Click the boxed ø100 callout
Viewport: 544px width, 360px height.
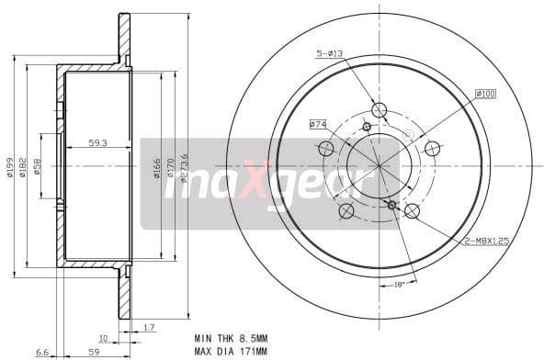coord(486,94)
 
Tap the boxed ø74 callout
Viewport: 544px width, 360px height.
coord(318,124)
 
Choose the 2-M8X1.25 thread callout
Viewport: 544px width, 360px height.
coord(488,240)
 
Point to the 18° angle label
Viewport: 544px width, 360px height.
coord(399,285)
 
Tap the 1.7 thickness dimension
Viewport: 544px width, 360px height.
coord(149,328)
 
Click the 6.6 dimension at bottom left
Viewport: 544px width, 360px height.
coord(41,351)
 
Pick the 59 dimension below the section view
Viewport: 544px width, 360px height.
coord(93,351)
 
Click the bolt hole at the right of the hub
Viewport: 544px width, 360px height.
coord(432,148)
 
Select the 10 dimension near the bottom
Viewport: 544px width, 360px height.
coord(104,338)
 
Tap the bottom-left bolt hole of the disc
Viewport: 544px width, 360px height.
coord(346,211)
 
